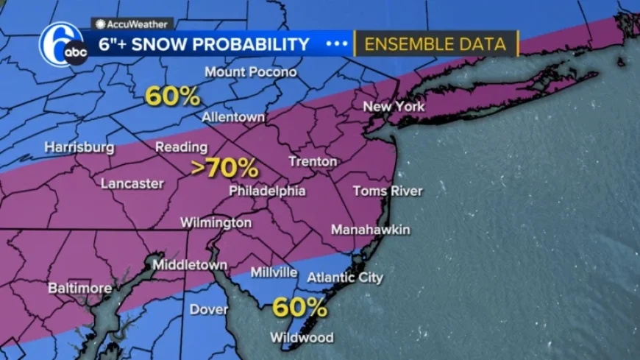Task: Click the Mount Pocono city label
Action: (x=250, y=72)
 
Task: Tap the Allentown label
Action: (x=233, y=118)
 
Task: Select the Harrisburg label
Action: (x=79, y=147)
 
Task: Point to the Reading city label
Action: (x=181, y=147)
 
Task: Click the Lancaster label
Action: (x=132, y=183)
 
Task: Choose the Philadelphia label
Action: (x=267, y=191)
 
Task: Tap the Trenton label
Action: (x=313, y=161)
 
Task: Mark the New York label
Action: (x=394, y=107)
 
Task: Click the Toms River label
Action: (x=388, y=191)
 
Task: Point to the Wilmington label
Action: (x=216, y=222)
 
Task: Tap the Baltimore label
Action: (x=79, y=288)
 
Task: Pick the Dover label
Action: (x=209, y=309)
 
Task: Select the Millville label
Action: (x=274, y=272)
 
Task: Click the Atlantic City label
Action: (x=344, y=278)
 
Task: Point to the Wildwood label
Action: (x=302, y=338)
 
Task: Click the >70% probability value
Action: (x=224, y=168)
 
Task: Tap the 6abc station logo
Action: (x=63, y=45)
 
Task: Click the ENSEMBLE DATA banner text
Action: (x=435, y=44)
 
